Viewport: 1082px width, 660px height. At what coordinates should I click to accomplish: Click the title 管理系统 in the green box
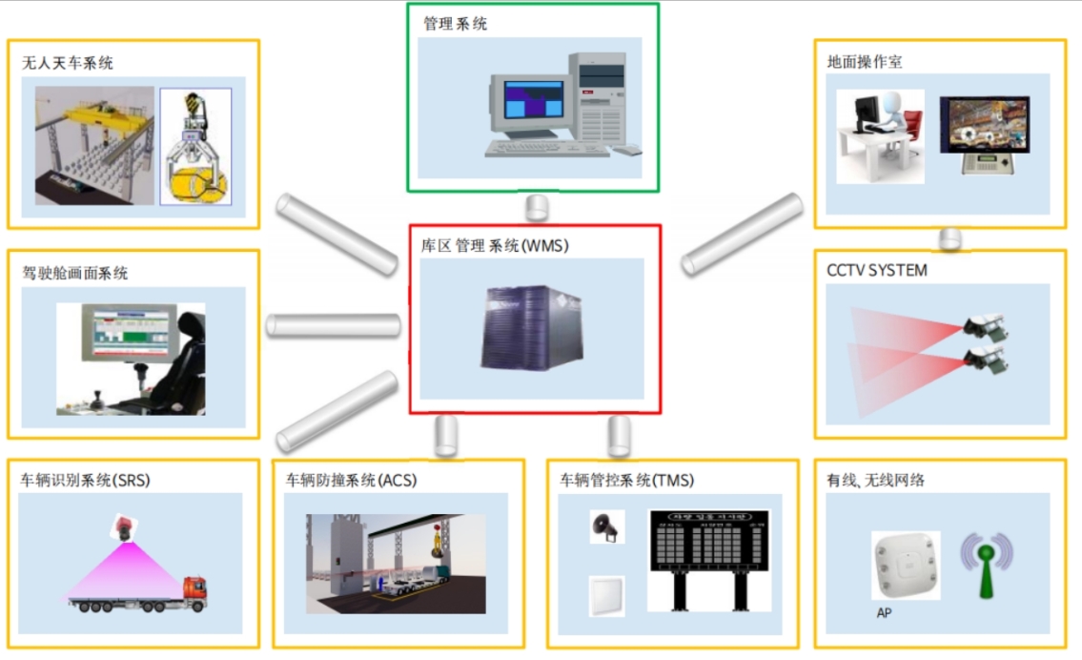tap(455, 24)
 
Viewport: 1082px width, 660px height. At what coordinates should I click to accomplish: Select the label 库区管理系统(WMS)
tap(494, 246)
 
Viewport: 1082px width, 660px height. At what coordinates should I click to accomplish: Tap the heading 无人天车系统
tap(67, 63)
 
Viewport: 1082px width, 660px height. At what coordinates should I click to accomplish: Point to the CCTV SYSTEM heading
tap(876, 271)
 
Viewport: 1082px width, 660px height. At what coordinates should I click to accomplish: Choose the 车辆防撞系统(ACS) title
tap(351, 480)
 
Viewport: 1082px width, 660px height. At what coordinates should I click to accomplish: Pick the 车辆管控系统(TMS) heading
tap(626, 480)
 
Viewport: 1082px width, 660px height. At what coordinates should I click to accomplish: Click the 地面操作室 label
tap(865, 62)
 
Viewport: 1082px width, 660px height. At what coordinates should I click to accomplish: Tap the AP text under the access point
tap(884, 613)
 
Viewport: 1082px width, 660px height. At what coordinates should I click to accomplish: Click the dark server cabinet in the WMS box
tap(529, 329)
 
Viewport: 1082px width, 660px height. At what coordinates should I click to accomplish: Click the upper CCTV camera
tap(985, 327)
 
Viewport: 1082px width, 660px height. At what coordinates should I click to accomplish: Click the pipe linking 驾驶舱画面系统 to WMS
tap(332, 325)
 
